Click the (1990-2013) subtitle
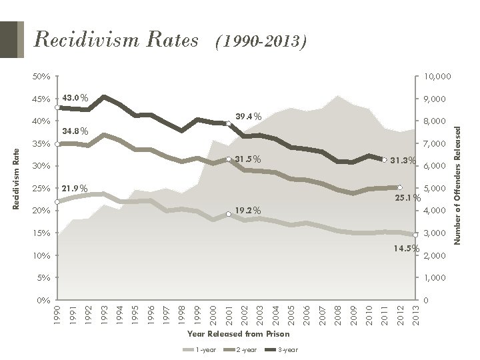(259, 43)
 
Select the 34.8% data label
(75, 131)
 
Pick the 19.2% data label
(248, 211)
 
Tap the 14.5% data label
(406, 249)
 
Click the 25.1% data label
(405, 198)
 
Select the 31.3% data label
(403, 160)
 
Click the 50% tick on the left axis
(41, 77)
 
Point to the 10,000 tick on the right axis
(437, 77)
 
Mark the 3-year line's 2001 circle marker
(228, 124)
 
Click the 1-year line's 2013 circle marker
(415, 235)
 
